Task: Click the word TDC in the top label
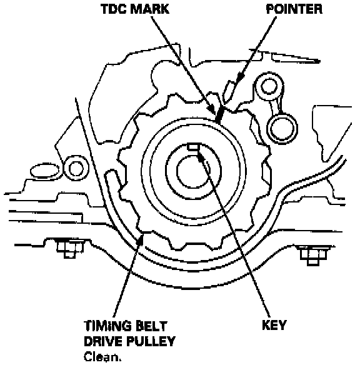(113, 9)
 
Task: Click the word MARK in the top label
(149, 9)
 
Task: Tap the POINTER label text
(294, 9)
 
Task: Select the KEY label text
(274, 325)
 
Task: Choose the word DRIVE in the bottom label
(103, 341)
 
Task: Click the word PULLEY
(151, 341)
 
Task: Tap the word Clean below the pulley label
(102, 357)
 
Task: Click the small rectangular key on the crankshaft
(194, 147)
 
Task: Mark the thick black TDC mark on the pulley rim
(219, 115)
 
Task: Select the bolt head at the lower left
(70, 248)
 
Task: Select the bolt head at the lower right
(313, 254)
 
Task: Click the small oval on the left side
(44, 171)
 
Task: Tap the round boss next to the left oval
(76, 168)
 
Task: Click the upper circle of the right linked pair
(269, 86)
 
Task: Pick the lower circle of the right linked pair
(282, 128)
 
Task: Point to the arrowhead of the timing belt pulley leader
(141, 240)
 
